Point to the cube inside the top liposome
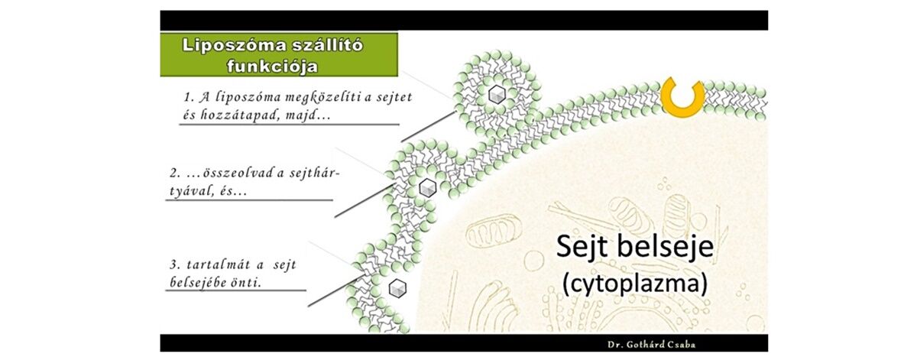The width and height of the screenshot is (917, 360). (x=497, y=95)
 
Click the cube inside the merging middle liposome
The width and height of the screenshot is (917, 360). (x=427, y=187)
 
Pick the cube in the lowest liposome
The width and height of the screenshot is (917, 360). (x=397, y=288)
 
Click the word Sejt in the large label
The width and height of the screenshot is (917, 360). (x=585, y=248)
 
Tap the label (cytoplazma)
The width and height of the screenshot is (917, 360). (x=635, y=282)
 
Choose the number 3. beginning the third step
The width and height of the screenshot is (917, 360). (x=173, y=264)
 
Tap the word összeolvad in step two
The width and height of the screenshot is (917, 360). (x=230, y=174)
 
